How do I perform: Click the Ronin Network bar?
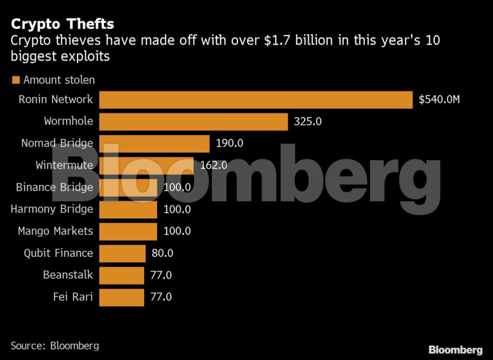pyautogui.click(x=256, y=99)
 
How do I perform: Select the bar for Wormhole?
pyautogui.click(x=193, y=121)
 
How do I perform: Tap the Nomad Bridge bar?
pyautogui.click(x=154, y=144)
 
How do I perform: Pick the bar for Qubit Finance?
pyautogui.click(x=122, y=253)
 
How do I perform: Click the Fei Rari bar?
pyautogui.click(x=121, y=297)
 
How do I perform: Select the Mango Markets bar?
pyautogui.click(x=128, y=231)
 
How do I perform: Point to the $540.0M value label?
pyautogui.click(x=439, y=99)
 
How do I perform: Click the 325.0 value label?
pyautogui.click(x=308, y=121)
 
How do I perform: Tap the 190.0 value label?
pyautogui.click(x=230, y=144)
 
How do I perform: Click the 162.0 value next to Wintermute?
pyautogui.click(x=214, y=165)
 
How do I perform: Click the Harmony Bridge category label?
pyautogui.click(x=52, y=209)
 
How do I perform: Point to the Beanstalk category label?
pyautogui.click(x=68, y=275)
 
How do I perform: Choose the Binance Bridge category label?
pyautogui.click(x=55, y=187)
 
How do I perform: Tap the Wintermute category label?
pyautogui.click(x=64, y=165)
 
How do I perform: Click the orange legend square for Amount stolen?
pyautogui.click(x=16, y=80)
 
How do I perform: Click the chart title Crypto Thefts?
pyautogui.click(x=62, y=24)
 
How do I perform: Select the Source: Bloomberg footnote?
pyautogui.click(x=55, y=345)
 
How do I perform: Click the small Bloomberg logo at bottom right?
pyautogui.click(x=455, y=350)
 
